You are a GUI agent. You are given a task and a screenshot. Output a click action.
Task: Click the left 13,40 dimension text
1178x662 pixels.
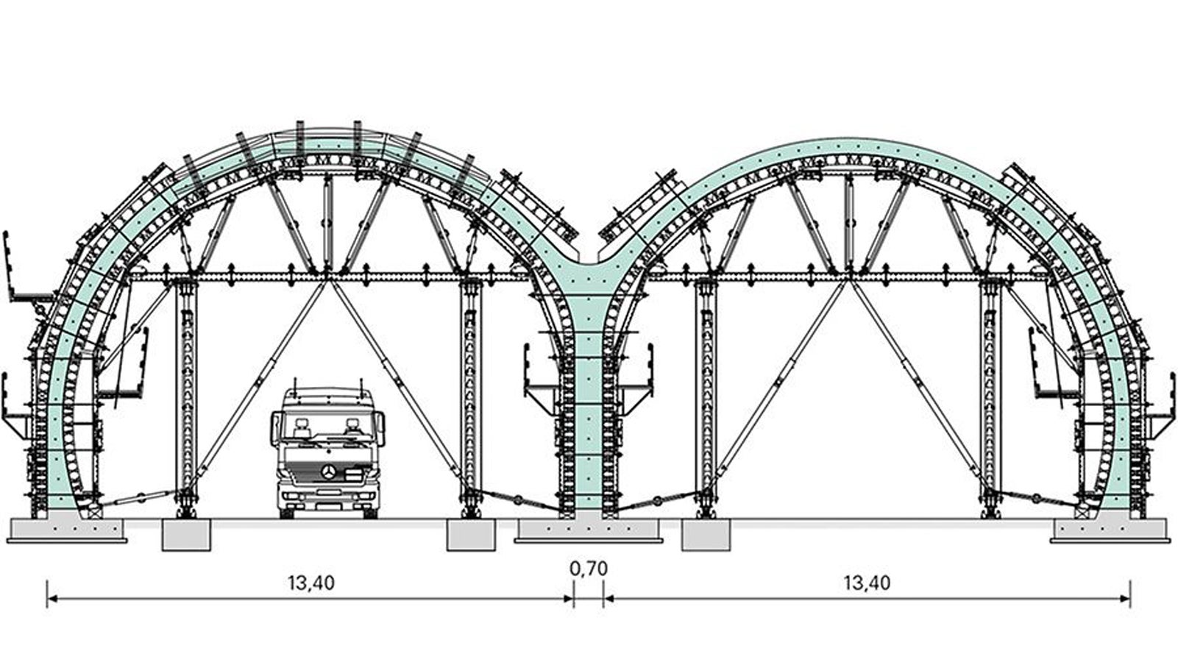point(311,583)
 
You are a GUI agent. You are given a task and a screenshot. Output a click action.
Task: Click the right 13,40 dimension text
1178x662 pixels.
point(867,583)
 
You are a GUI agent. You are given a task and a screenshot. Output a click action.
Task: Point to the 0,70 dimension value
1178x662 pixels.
point(589,569)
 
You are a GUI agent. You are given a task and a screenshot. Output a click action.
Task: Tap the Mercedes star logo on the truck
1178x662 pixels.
point(329,472)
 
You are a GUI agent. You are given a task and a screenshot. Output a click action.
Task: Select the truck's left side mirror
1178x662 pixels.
point(274,429)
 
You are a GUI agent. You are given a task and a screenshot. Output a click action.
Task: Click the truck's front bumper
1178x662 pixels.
point(328,499)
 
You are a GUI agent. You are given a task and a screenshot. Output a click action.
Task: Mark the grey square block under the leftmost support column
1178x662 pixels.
point(186,535)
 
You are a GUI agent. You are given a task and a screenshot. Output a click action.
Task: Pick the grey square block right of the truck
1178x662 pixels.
point(471,535)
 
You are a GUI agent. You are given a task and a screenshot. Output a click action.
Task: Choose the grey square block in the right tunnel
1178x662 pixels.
point(706,535)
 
